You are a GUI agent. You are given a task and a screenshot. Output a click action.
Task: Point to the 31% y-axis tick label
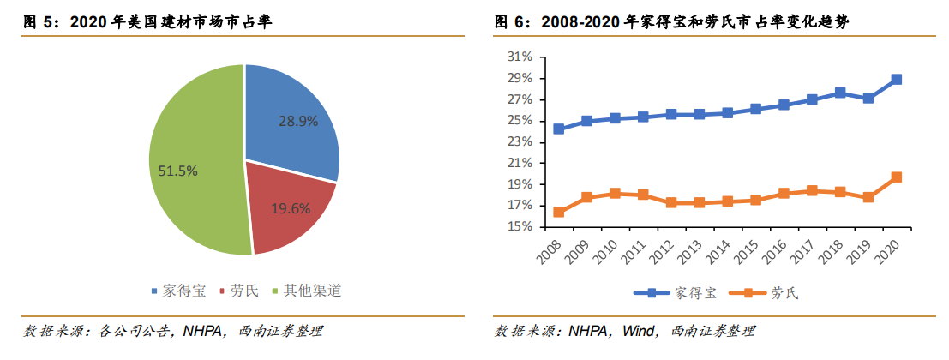(x=521, y=57)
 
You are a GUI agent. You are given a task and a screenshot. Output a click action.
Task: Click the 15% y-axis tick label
(x=521, y=227)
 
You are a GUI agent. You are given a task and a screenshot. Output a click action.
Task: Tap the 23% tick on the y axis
(x=521, y=142)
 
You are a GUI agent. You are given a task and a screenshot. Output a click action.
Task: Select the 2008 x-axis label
(x=549, y=249)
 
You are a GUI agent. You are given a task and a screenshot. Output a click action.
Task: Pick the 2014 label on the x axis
(x=718, y=249)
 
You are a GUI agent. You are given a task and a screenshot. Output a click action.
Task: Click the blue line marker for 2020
(x=897, y=79)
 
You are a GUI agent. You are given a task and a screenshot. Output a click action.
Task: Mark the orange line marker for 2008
(x=559, y=212)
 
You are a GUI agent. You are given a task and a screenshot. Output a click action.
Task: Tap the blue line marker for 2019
(x=868, y=98)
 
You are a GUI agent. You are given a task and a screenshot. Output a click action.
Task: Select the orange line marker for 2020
(x=897, y=177)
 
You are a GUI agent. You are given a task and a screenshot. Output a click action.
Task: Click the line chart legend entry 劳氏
(x=765, y=293)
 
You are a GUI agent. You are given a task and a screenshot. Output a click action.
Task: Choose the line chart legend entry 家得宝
(x=676, y=293)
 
